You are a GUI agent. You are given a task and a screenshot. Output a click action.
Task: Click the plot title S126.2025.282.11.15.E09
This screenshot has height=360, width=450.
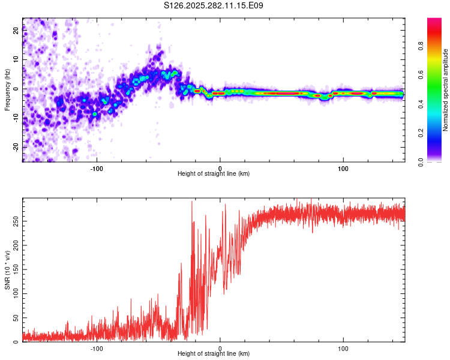tap(214, 5)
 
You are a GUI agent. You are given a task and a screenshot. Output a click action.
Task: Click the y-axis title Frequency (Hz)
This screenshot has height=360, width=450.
tap(7, 90)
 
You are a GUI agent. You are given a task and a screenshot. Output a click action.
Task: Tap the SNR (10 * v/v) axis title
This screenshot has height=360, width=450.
tap(7, 270)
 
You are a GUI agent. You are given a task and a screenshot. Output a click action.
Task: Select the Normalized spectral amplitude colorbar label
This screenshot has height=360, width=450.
tap(445, 90)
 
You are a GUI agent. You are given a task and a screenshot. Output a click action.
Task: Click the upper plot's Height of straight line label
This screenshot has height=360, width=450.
tap(214, 173)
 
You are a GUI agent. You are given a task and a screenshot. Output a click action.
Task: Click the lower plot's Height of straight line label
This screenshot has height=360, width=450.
tap(214, 353)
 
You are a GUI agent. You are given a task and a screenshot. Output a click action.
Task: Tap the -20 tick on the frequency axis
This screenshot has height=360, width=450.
tap(16, 147)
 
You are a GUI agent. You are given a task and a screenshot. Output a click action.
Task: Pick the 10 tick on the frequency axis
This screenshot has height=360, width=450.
tap(16, 59)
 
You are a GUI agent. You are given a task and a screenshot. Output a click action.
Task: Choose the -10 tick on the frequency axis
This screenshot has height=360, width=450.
tap(16, 118)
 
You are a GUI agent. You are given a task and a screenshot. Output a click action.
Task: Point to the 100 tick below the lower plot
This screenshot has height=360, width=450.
tap(343, 348)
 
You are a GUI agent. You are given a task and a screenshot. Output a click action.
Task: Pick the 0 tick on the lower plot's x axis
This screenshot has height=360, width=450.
tap(220, 348)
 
